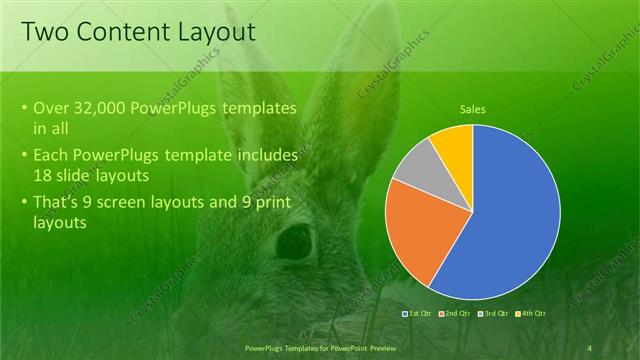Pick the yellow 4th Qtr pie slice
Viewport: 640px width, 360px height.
click(455, 142)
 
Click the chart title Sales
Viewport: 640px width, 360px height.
click(473, 109)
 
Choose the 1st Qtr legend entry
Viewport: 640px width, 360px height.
click(420, 314)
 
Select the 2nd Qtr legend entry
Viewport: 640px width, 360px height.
click(455, 314)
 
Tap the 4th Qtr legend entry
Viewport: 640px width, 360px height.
click(530, 314)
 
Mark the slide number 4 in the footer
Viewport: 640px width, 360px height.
click(590, 346)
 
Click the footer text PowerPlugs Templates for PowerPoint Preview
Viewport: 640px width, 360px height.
click(320, 346)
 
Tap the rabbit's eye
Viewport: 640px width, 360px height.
click(294, 240)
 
